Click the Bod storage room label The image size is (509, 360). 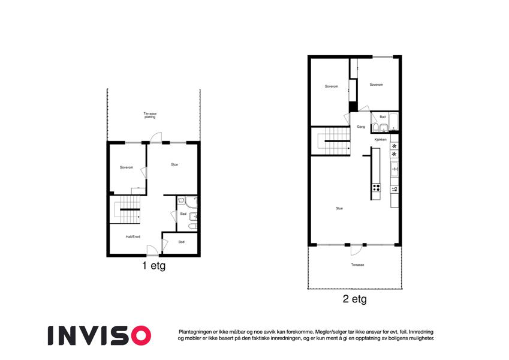pyautogui.click(x=182, y=242)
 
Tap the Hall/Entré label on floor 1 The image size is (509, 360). pyautogui.click(x=133, y=237)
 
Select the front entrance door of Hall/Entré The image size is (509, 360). pyautogui.click(x=152, y=251)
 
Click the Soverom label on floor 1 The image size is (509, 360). pyautogui.click(x=127, y=167)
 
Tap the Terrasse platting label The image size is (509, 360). pyautogui.click(x=150, y=115)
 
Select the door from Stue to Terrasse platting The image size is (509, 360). pyautogui.click(x=156, y=138)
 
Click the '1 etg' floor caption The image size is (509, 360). pyautogui.click(x=154, y=265)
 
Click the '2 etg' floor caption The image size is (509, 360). pyautogui.click(x=354, y=299)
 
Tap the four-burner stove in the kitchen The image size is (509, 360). pyautogui.click(x=377, y=187)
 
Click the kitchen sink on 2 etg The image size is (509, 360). pyautogui.click(x=394, y=169)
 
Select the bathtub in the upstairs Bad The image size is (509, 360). pyautogui.click(x=393, y=122)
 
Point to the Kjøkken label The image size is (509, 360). pyautogui.click(x=381, y=139)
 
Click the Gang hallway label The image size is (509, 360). pyautogui.click(x=361, y=127)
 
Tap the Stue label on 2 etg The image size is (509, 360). pyautogui.click(x=339, y=208)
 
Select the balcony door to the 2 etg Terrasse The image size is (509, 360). pyautogui.click(x=357, y=250)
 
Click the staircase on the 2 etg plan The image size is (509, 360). pyautogui.click(x=331, y=141)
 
